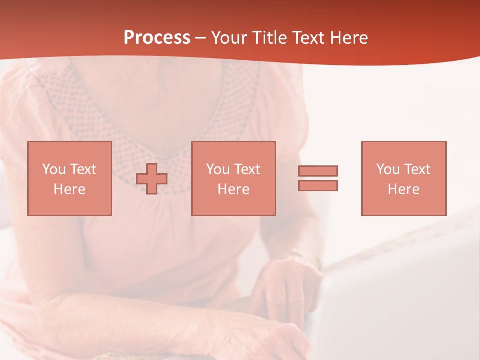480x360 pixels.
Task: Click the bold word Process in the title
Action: pos(157,38)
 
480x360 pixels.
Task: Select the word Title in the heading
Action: pos(270,38)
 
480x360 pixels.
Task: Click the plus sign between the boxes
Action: pos(152,178)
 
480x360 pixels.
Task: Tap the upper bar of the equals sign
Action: pos(318,171)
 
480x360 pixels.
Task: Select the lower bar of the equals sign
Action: pos(318,185)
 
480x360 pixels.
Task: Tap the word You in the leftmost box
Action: pos(53,169)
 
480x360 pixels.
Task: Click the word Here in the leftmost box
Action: pos(70,189)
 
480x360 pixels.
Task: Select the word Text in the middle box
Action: pos(247,169)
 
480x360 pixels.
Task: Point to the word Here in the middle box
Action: pos(234,189)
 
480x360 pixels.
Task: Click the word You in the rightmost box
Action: pos(388,169)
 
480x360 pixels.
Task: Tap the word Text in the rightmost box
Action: pos(417,169)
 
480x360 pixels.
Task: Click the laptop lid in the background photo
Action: pos(400,300)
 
